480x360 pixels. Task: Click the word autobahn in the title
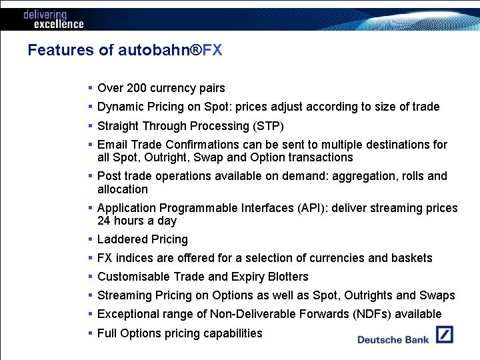154,50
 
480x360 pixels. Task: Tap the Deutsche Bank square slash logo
445,335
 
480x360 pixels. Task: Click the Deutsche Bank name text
393,339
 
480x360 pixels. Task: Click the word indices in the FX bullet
134,258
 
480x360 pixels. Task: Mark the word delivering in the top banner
45,14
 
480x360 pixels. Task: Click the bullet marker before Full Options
90,333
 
